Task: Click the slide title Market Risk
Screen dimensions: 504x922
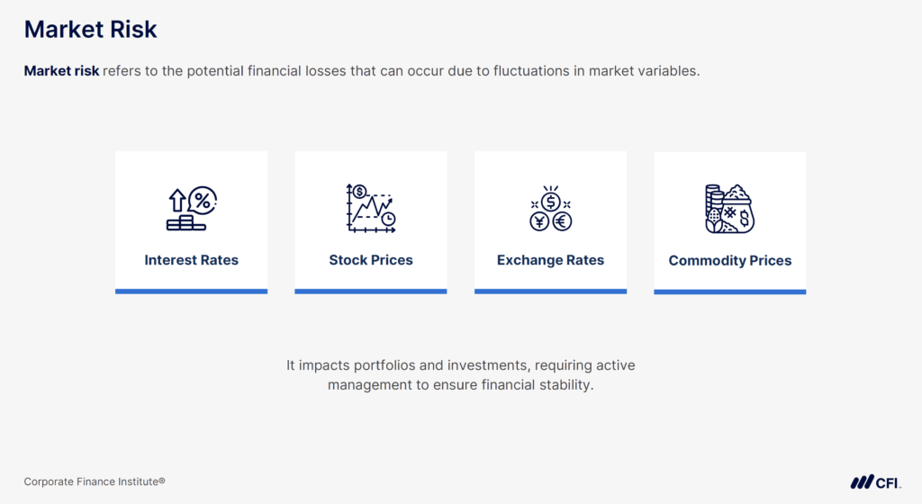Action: (x=90, y=30)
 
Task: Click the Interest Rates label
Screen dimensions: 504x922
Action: (x=191, y=260)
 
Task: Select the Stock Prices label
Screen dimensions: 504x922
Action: (x=371, y=260)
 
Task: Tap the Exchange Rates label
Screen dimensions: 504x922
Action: (x=550, y=260)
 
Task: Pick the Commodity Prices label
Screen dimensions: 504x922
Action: (x=730, y=261)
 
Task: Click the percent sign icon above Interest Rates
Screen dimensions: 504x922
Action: (x=203, y=200)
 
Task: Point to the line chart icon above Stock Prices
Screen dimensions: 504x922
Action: (x=371, y=209)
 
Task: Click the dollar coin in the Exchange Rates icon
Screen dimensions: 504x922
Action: (x=550, y=201)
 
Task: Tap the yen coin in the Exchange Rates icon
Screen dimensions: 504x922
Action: (x=539, y=220)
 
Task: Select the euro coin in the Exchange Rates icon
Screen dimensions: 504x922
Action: (x=562, y=220)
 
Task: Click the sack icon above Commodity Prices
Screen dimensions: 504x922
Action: (x=738, y=211)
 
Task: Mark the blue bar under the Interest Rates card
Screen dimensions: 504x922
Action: (x=191, y=291)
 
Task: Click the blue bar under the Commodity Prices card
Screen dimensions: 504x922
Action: (x=730, y=292)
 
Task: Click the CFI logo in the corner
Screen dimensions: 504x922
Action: (x=875, y=482)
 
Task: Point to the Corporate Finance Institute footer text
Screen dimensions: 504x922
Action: (x=95, y=481)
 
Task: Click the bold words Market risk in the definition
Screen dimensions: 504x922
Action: (x=61, y=71)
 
